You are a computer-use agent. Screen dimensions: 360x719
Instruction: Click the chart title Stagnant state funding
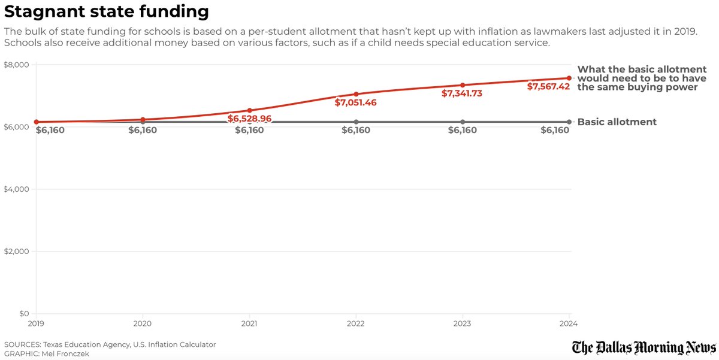click(x=107, y=11)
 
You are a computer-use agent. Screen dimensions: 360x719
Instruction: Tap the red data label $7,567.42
click(x=548, y=87)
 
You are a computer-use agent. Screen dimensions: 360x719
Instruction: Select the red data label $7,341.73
click(x=462, y=94)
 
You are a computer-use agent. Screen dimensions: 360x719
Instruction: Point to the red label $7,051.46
click(x=356, y=103)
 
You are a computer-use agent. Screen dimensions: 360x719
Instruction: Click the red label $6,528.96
click(x=249, y=119)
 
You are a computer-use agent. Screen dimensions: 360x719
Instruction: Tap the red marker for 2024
click(x=569, y=78)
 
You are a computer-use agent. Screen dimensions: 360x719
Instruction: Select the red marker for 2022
click(x=356, y=94)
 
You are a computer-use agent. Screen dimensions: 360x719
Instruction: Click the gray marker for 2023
click(x=463, y=122)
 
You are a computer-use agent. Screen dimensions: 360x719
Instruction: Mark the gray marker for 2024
click(x=569, y=122)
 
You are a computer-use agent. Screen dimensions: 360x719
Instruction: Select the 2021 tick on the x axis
click(x=249, y=324)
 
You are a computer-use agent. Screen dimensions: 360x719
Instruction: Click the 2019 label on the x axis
click(x=37, y=324)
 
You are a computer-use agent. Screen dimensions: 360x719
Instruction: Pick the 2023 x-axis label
click(x=462, y=324)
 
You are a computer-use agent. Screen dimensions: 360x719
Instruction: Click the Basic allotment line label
click(x=617, y=122)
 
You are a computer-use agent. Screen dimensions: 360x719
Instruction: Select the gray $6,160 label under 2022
click(x=356, y=131)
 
